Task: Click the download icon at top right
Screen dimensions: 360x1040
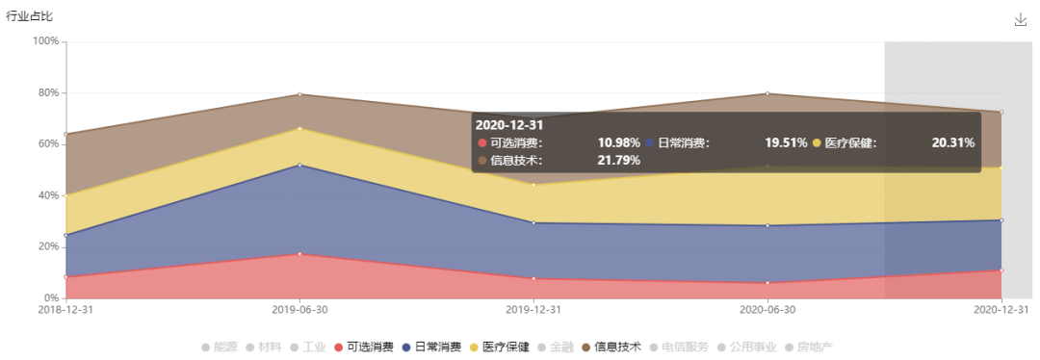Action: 1021,19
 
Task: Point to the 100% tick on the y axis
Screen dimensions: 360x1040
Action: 45,41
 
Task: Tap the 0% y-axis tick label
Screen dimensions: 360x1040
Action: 51,298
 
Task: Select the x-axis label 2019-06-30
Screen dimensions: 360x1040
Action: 299,311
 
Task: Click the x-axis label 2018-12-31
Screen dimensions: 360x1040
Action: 65,311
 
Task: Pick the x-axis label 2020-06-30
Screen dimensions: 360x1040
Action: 767,311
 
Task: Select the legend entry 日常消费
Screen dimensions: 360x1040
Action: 431,347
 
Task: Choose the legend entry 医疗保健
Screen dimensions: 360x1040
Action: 499,347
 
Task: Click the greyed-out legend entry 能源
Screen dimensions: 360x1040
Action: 219,347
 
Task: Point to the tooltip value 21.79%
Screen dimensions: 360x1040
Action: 618,160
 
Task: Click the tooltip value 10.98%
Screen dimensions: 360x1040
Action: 618,142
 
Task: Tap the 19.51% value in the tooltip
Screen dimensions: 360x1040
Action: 786,142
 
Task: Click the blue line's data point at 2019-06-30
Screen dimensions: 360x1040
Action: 299,166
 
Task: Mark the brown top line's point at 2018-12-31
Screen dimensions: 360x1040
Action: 65,134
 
